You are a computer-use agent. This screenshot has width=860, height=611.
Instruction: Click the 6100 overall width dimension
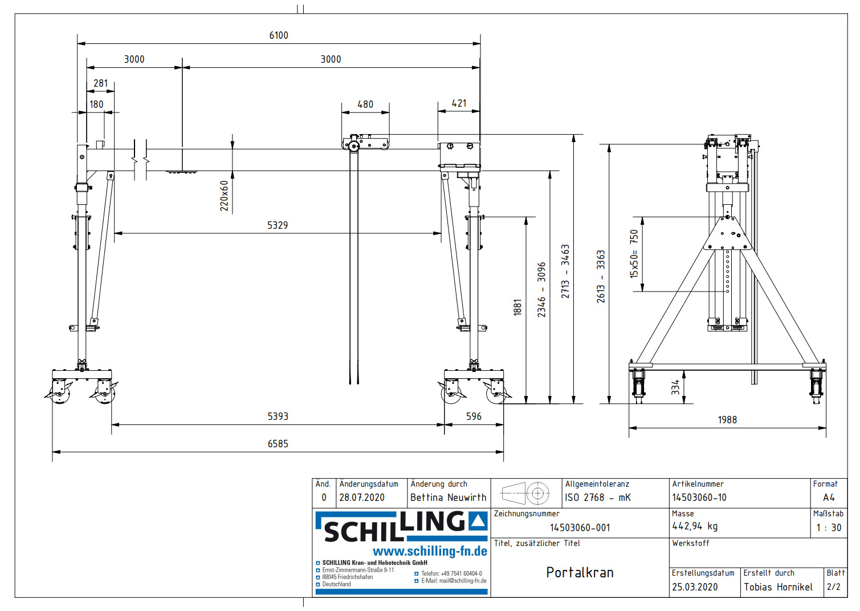click(x=279, y=35)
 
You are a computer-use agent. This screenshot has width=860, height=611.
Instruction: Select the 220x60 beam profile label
click(x=224, y=196)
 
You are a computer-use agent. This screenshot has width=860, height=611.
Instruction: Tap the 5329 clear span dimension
click(x=278, y=225)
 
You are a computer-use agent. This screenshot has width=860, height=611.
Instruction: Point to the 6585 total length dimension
click(x=278, y=444)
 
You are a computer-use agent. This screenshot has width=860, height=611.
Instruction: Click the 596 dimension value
click(x=474, y=416)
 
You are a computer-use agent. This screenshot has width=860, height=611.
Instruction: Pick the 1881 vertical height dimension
click(x=517, y=307)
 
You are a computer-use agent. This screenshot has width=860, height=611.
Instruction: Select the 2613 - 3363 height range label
click(x=601, y=276)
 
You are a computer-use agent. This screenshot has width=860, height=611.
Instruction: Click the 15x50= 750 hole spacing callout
click(x=634, y=254)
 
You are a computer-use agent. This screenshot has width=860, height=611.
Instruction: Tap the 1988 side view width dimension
click(x=727, y=420)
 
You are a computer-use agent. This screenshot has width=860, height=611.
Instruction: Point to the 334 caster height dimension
click(x=675, y=387)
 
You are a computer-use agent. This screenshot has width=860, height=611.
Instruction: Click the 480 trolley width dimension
click(x=365, y=104)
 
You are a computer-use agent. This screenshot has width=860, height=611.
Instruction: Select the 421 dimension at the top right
click(x=459, y=103)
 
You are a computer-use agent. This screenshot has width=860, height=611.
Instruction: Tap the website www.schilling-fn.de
click(x=430, y=551)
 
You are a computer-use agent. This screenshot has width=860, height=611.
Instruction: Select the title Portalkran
click(x=580, y=572)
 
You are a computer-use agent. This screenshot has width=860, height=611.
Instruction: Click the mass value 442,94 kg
click(x=695, y=526)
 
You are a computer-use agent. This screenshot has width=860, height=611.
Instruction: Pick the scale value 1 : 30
click(x=829, y=528)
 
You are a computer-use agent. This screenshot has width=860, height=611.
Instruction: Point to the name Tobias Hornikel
click(x=778, y=587)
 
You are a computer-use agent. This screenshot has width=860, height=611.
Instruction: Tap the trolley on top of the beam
click(x=365, y=143)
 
